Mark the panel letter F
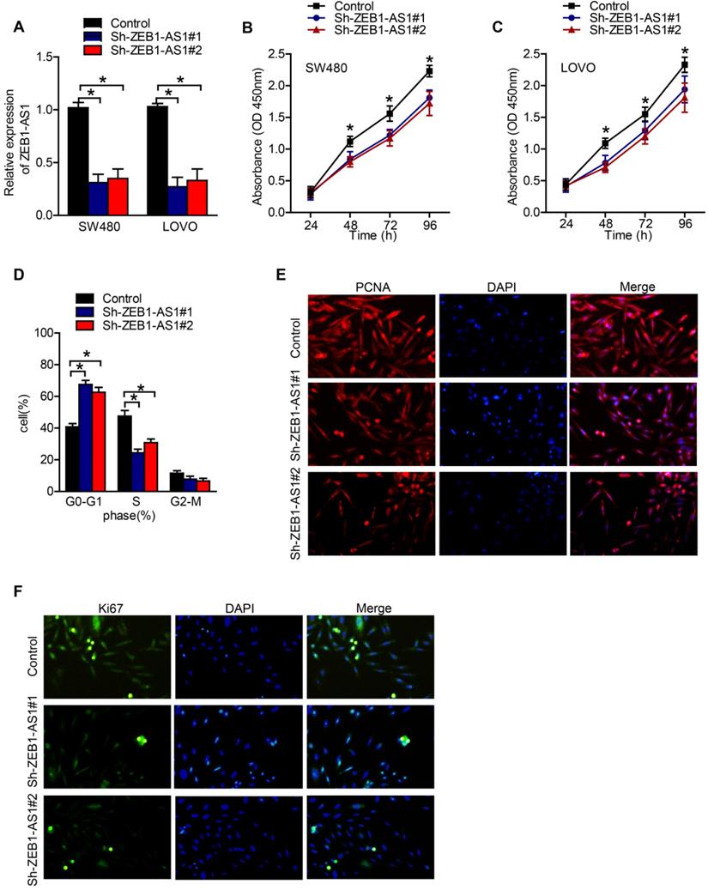coord(8,595)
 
